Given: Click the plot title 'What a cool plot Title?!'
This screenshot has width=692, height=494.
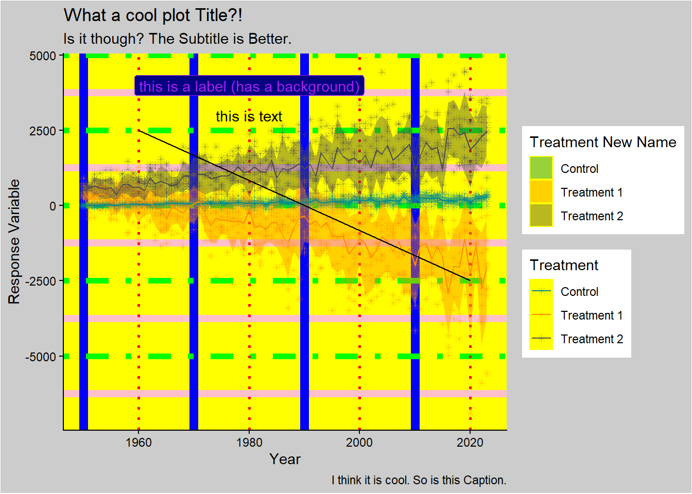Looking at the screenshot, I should coord(153,15).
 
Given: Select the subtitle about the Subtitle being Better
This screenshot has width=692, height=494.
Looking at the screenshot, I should coord(177,39).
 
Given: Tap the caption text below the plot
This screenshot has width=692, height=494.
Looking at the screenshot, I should coord(419,480).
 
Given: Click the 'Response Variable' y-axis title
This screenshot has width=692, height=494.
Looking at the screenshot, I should coord(14,241).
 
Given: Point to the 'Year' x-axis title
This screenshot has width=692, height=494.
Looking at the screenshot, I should coord(285,459).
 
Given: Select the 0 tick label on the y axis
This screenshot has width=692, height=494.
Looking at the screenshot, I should coord(53,206).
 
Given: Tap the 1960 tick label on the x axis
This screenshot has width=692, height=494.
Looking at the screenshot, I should coord(139,443).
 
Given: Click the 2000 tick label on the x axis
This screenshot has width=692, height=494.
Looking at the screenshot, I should coord(359,443).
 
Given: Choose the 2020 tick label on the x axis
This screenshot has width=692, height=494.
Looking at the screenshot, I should coord(470,443).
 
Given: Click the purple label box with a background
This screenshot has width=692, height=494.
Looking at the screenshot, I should coord(249,86).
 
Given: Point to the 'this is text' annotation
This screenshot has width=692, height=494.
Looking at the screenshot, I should coord(249,117).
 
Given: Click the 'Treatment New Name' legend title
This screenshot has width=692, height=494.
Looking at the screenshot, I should coord(603,142).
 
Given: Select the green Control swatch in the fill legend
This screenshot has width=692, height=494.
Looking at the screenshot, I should coord(541,168).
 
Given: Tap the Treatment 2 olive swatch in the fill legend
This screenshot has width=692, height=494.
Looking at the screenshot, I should coord(541,216).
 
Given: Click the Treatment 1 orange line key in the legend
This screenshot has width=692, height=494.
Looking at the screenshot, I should coord(541,315).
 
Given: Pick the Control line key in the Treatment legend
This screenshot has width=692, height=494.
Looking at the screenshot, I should coord(541,291).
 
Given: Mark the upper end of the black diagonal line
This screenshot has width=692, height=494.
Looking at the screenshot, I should coord(140,131).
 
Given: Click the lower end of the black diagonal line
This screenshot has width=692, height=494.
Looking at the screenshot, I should coord(470,280).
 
